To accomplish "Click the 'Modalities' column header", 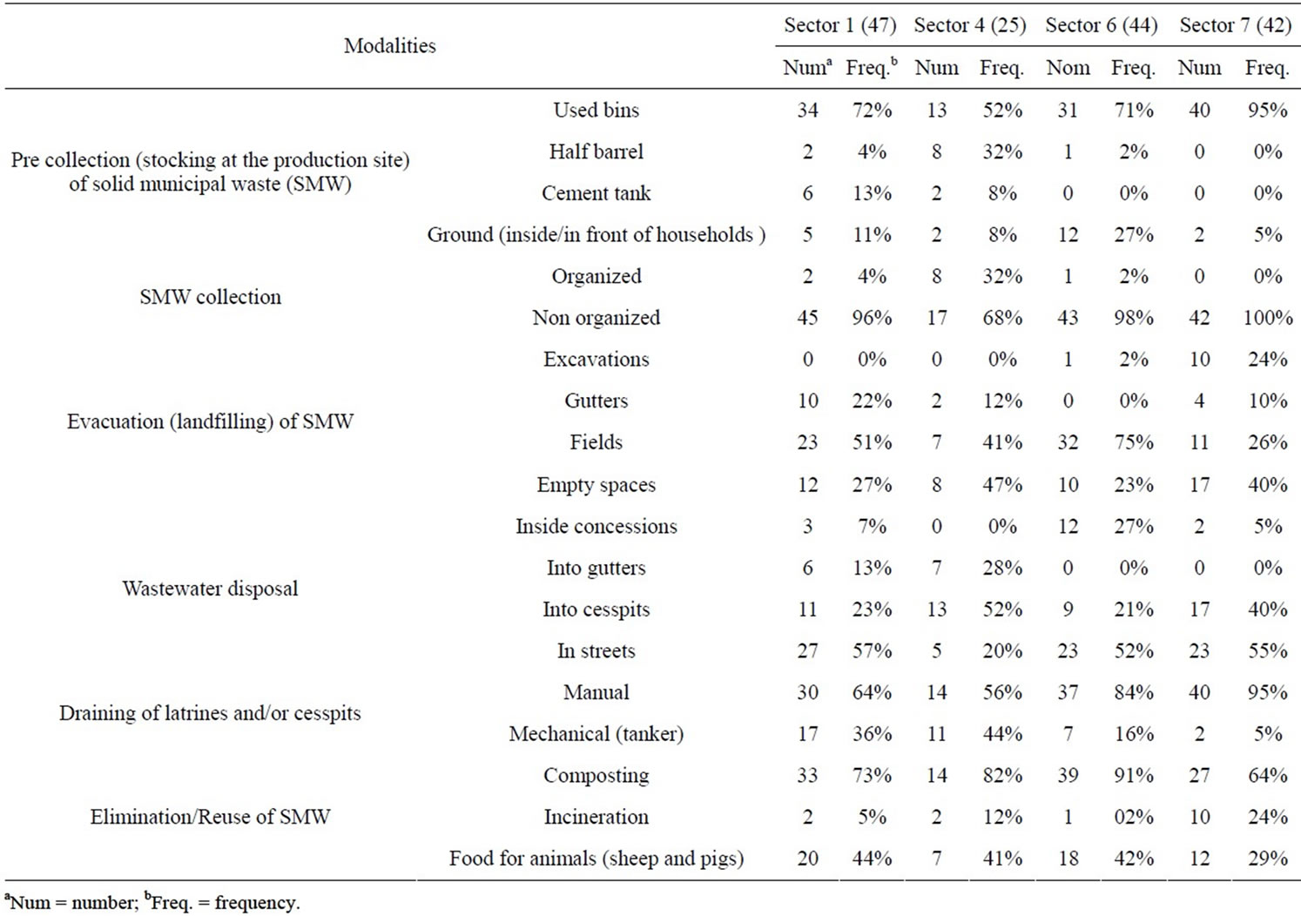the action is (390, 45).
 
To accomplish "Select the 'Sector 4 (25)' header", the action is (970, 25).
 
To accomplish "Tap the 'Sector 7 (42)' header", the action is (1235, 25).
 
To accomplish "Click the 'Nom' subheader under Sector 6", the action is (1068, 68).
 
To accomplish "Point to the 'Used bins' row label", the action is (596, 110).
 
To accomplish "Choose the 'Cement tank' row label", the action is (596, 192).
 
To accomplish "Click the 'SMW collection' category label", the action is (210, 297).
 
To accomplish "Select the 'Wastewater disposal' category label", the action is (210, 589).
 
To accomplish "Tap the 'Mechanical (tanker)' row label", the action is (596, 734).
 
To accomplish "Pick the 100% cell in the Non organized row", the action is (1268, 318).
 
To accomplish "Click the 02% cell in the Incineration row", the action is (1133, 817).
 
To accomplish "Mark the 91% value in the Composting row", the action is (1133, 775).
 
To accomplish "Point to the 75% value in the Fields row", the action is (1133, 442).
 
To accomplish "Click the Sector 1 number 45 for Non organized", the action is (807, 318).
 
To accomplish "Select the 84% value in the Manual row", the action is (1133, 692).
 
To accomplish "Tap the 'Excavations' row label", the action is (596, 359).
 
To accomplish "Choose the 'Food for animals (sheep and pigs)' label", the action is (596, 859).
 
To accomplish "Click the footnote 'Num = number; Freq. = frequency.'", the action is (152, 902).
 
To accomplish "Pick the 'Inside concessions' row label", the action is (596, 526).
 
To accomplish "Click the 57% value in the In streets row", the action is (872, 650).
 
